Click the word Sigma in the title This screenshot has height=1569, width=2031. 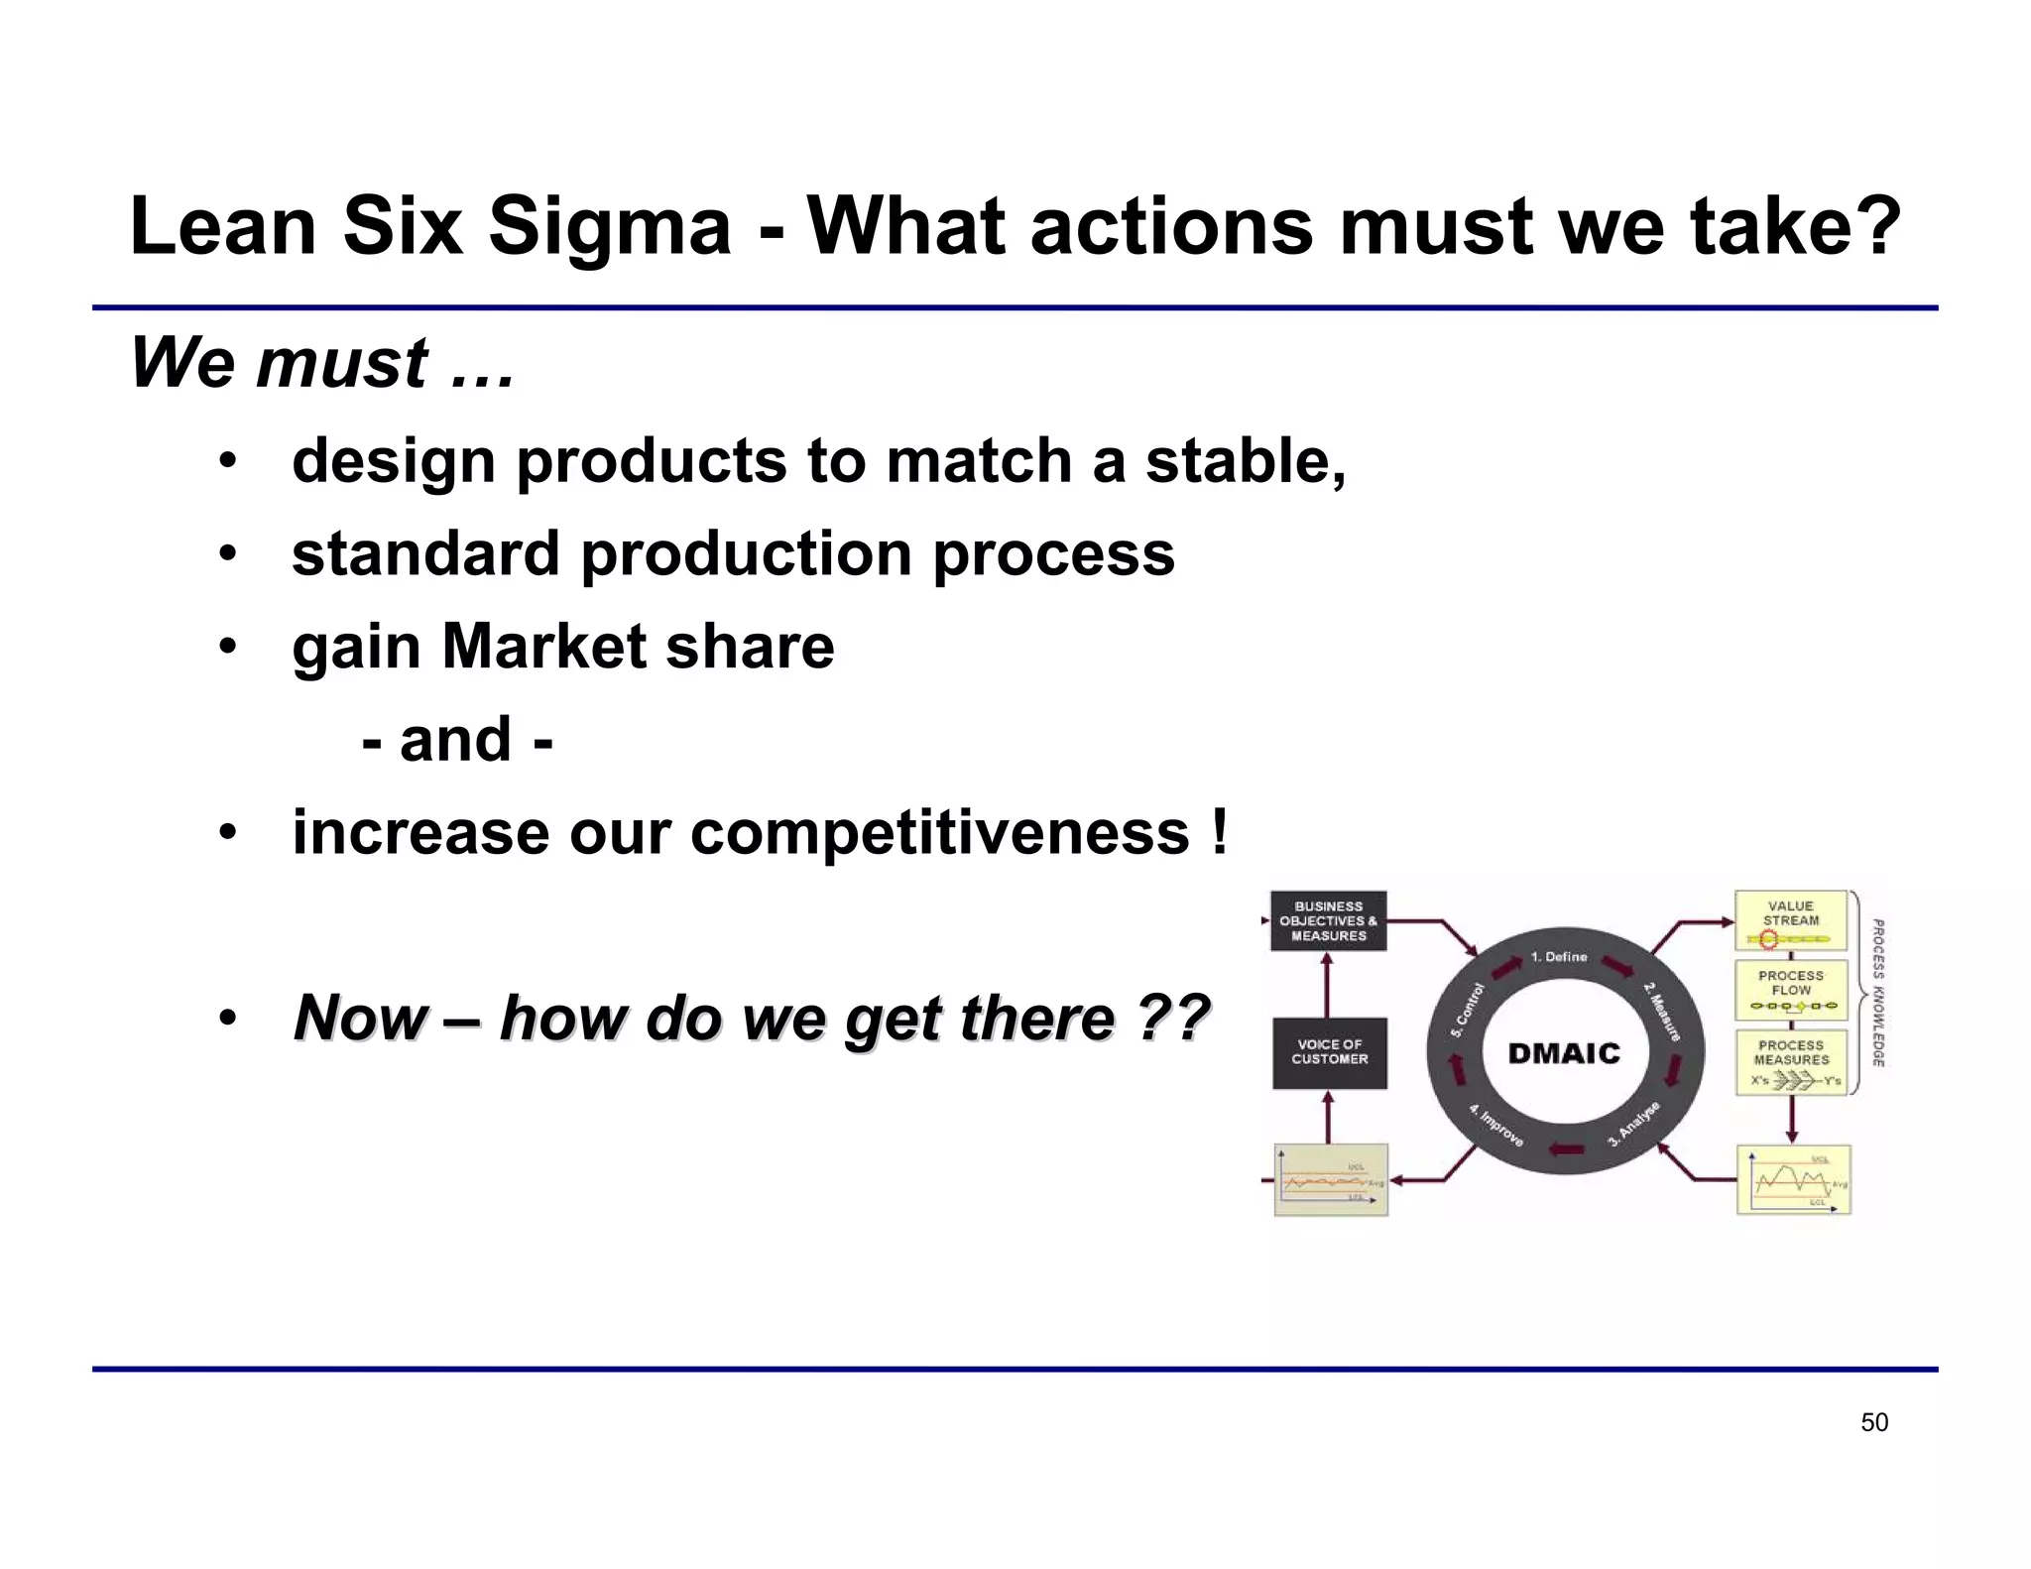(609, 226)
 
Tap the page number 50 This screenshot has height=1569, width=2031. (1873, 1422)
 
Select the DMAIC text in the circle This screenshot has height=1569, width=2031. (1564, 1053)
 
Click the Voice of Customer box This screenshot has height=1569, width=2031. (1329, 1052)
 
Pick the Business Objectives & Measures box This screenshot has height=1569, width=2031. (1328, 920)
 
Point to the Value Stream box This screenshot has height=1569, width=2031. (1790, 920)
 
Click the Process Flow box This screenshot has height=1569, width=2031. (1790, 990)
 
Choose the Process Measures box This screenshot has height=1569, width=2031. (1790, 1062)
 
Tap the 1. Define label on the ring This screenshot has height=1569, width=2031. (1558, 957)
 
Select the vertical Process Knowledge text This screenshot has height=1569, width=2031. (1877, 993)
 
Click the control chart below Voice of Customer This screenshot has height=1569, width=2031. (1330, 1180)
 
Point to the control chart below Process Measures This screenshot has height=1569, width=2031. (1794, 1180)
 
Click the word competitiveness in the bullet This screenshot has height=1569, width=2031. (939, 832)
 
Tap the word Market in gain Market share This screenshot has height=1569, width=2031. (543, 647)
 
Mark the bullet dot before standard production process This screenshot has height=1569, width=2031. (228, 553)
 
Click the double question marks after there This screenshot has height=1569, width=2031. (1172, 1018)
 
